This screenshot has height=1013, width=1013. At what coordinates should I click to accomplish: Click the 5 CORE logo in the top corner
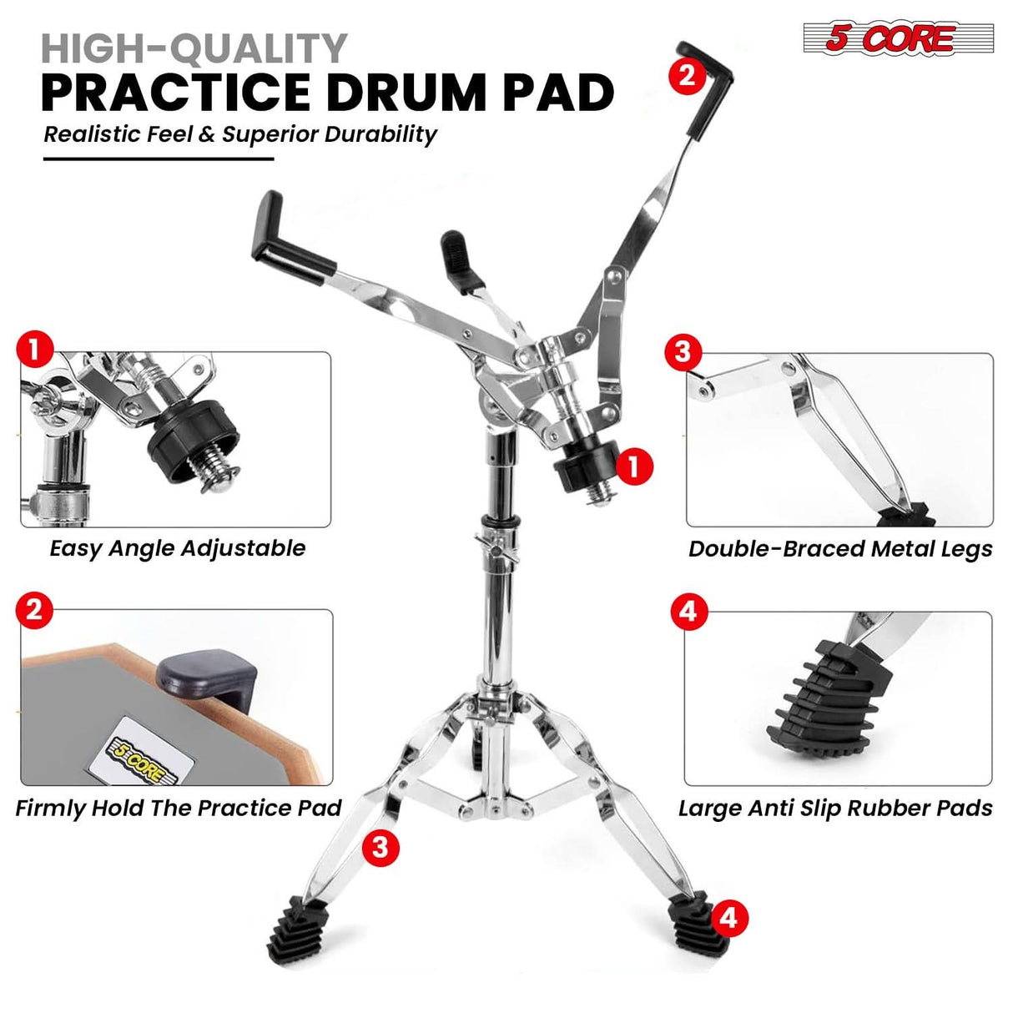point(897,38)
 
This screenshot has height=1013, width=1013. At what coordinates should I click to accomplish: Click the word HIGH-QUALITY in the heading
point(194,48)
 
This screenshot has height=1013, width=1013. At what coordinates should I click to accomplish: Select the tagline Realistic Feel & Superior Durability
point(240,134)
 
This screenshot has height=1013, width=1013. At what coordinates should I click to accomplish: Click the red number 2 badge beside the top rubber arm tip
point(687,76)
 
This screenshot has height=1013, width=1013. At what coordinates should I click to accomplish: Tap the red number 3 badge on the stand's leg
point(381,848)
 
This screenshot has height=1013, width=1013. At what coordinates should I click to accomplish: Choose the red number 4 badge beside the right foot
point(728,918)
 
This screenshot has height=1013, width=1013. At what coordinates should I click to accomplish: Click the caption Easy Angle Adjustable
point(177,548)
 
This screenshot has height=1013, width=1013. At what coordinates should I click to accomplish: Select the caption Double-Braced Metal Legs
point(839,548)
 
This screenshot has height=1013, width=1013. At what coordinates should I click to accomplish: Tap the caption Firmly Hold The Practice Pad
point(179,808)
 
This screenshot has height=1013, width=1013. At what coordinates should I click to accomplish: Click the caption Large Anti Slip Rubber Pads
point(834,808)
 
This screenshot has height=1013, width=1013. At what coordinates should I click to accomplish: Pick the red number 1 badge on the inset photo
point(35,350)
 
